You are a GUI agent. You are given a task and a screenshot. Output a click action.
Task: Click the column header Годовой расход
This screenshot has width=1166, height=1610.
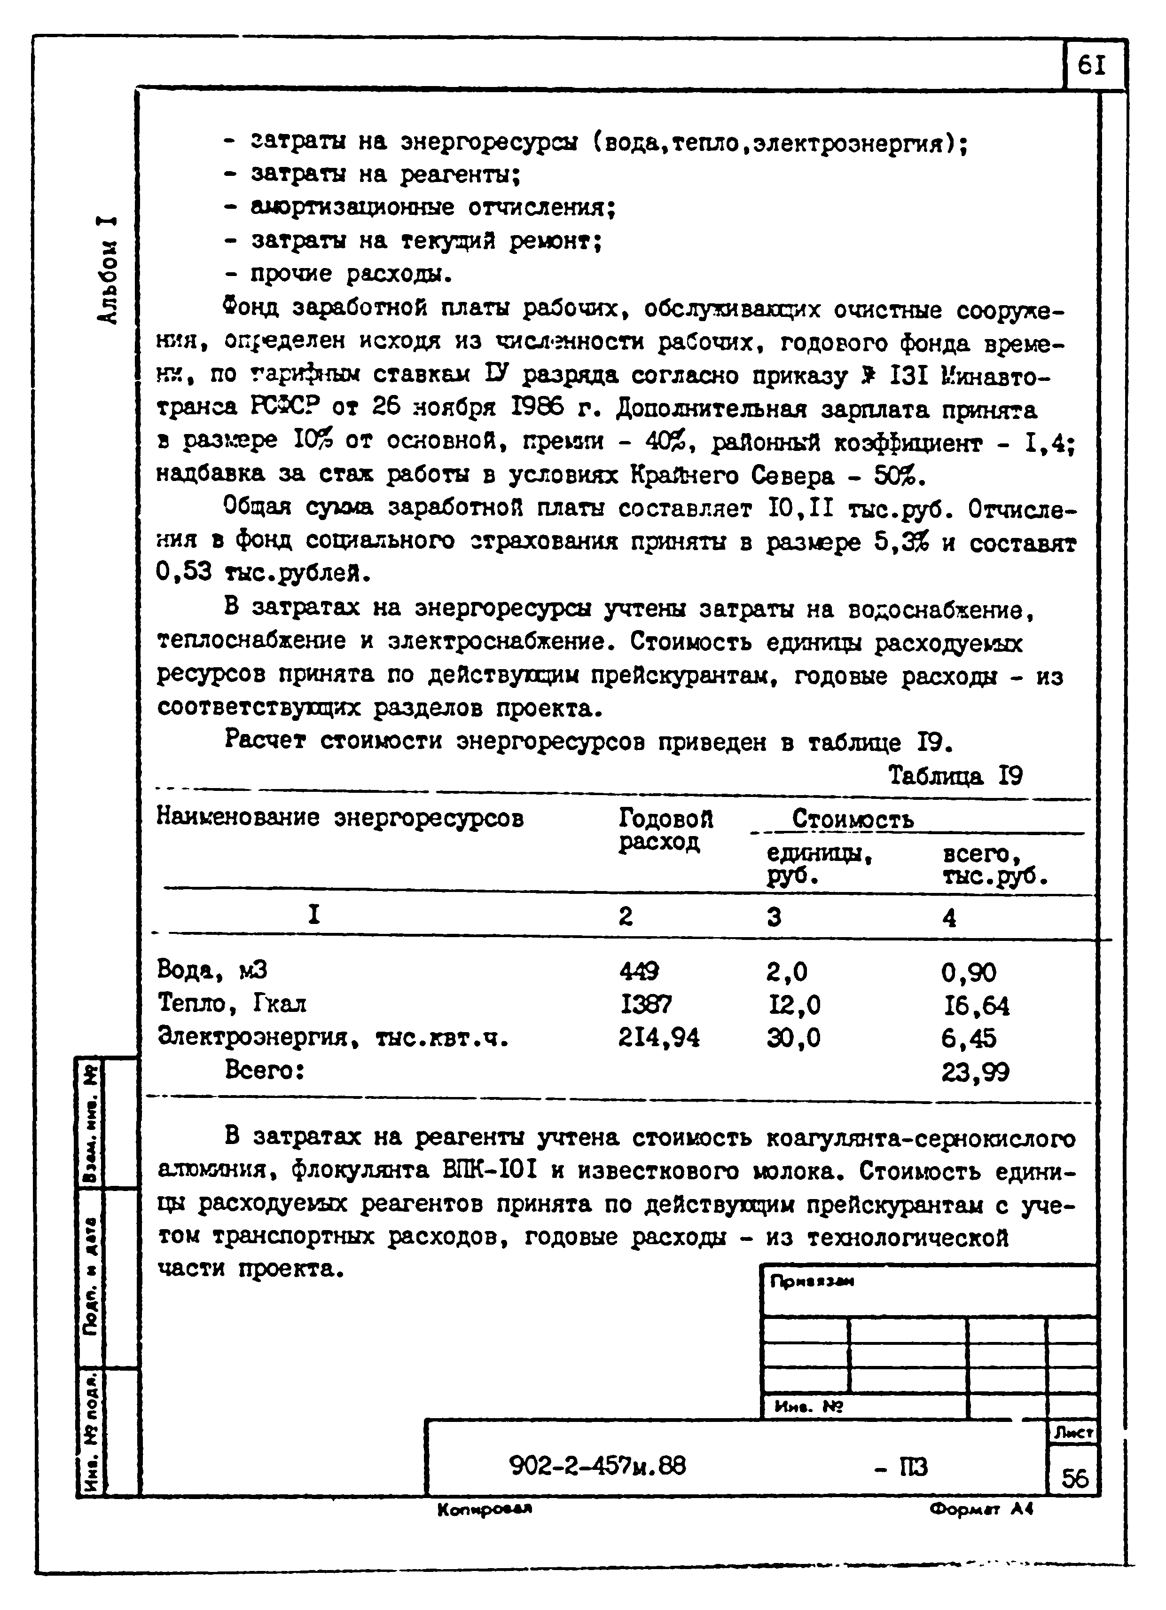[665, 830]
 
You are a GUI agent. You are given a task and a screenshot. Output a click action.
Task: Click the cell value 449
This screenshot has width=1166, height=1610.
[639, 971]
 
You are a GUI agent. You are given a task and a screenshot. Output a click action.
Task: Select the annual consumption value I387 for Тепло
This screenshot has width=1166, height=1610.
[646, 1004]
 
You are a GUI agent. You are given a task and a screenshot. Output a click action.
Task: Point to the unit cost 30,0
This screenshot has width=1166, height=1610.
[793, 1038]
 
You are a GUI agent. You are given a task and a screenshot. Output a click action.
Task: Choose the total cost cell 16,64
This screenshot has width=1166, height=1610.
[975, 1005]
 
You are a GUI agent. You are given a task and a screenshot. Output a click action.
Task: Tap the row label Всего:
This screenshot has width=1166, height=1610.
[265, 1070]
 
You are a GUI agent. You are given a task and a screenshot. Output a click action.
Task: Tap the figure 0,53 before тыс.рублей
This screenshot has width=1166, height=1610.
[184, 571]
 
